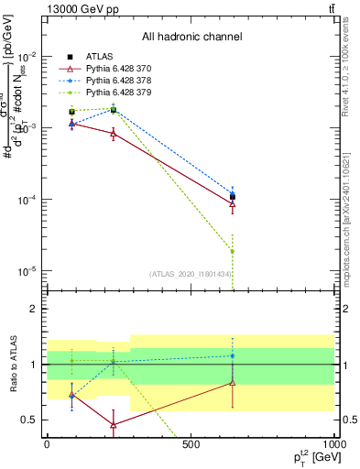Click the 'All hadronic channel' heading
(x=191, y=38)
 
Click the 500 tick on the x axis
(x=191, y=444)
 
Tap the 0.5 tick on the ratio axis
(x=32, y=420)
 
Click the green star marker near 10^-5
(x=233, y=251)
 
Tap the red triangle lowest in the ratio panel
(x=113, y=425)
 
